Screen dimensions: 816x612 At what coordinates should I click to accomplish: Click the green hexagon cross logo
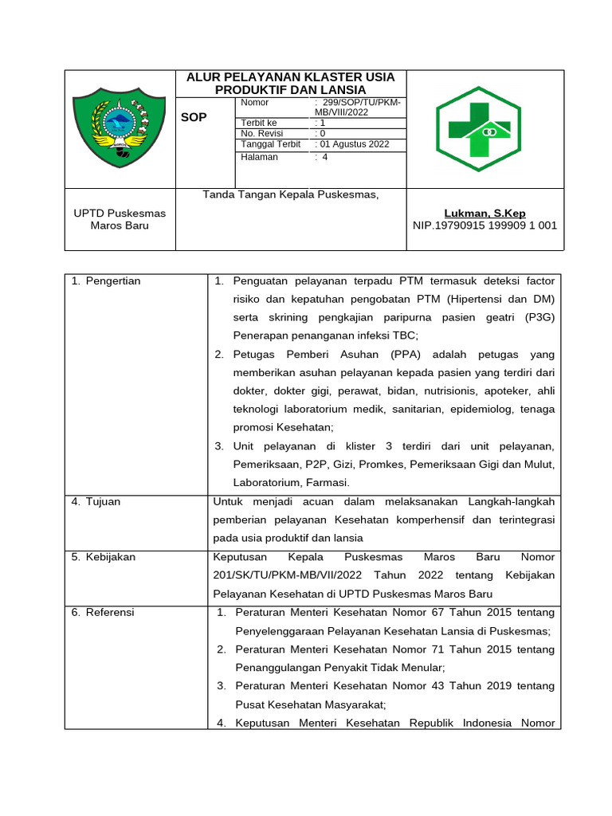click(485, 129)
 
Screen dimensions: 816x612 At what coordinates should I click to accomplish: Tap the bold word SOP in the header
click(194, 117)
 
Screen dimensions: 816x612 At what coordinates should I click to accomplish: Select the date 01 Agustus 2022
click(354, 144)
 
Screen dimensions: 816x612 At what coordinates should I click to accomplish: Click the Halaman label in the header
click(259, 157)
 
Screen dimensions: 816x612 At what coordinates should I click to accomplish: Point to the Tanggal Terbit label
click(270, 144)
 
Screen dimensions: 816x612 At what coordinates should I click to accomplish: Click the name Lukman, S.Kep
click(484, 214)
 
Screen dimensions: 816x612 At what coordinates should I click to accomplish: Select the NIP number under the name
click(484, 226)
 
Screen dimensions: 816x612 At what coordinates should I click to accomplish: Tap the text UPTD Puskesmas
click(120, 214)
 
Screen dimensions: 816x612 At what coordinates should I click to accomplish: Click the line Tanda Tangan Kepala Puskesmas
click(290, 194)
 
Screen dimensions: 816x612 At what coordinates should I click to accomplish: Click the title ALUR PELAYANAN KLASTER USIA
click(290, 76)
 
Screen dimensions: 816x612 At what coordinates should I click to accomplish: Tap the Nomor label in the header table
click(255, 103)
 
